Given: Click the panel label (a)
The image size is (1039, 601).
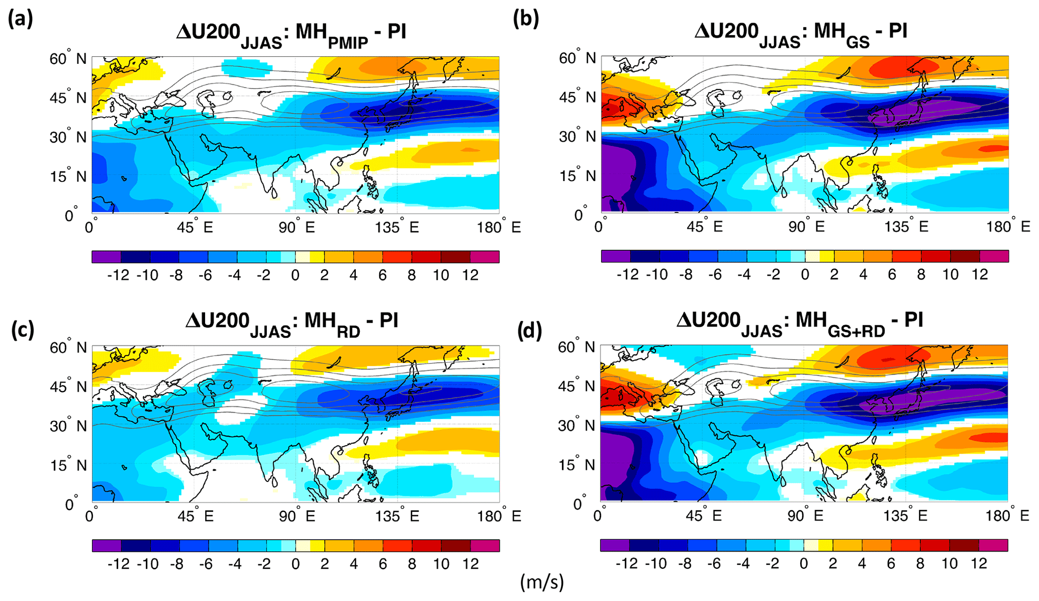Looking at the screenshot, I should point(21,20).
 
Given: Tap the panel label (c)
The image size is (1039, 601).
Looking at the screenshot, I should point(23,330).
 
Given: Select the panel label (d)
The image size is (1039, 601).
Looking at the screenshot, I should point(530,330).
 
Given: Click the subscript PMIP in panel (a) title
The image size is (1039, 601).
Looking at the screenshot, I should point(347,43).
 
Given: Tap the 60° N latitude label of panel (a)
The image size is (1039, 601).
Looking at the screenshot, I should point(67,59).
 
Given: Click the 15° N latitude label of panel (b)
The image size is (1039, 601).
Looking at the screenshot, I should point(577,176).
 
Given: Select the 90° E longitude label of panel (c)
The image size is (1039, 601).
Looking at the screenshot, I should point(297,517).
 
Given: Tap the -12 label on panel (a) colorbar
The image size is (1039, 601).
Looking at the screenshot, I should point(118,275).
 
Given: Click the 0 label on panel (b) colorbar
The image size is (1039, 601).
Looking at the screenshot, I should point(805,275).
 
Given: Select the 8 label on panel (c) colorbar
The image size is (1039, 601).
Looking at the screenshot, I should point(412,564).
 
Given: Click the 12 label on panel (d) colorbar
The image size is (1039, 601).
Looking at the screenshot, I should point(979,563).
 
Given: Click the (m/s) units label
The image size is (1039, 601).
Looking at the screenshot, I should point(542,582).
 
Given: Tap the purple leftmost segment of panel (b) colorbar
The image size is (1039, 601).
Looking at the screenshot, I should point(615,256).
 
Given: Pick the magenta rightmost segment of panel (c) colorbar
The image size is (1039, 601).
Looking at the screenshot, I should point(485,546).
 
